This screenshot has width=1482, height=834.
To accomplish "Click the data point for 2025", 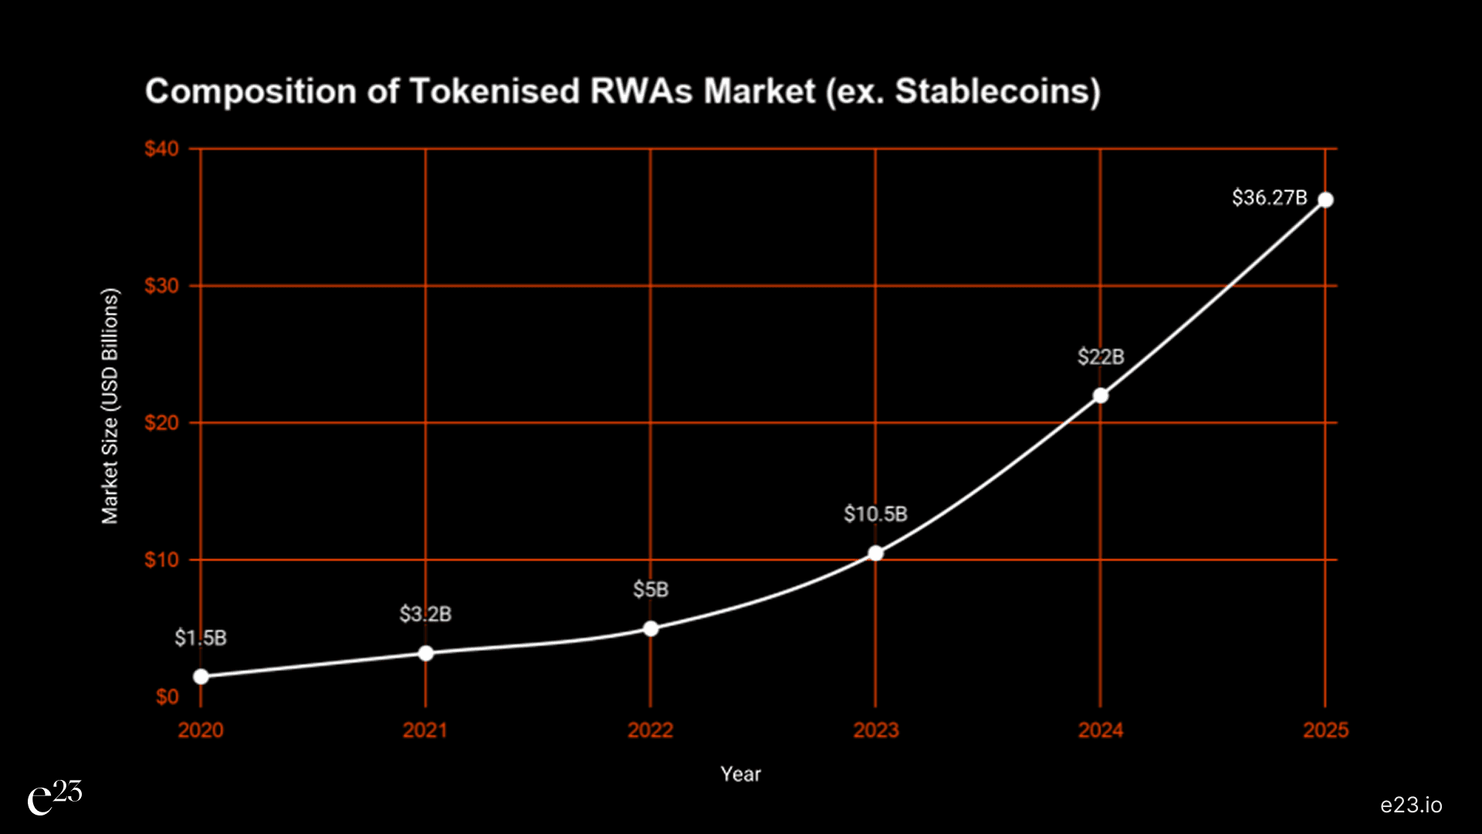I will point(1325,200).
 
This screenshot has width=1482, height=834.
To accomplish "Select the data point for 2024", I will point(1101,395).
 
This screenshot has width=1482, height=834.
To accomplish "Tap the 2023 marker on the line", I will point(875,553).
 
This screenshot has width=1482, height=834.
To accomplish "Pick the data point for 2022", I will point(651,629).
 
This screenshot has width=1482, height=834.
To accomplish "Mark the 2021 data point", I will point(425,653).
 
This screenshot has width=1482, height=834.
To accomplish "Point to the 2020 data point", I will point(201,676).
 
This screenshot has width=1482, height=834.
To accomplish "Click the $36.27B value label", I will point(1269,198).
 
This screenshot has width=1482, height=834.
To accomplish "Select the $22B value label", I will point(1101,357).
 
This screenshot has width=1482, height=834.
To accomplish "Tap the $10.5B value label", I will point(875,514).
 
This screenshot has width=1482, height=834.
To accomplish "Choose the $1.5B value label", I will point(201,638).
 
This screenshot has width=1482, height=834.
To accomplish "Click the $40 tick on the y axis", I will point(161,148).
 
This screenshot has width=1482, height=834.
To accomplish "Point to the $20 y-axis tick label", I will point(161,422).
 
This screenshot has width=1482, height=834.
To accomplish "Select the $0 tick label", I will point(167,697).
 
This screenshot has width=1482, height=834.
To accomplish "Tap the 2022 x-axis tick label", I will point(651,730).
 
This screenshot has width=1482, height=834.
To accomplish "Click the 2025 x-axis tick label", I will point(1325,730).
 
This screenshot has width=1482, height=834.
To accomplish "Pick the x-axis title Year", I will point(740,774).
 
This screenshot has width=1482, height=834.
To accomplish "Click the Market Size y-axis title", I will point(110,406).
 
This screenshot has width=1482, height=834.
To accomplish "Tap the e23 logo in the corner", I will point(54,798).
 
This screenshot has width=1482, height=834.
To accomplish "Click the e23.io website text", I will point(1411,805).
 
